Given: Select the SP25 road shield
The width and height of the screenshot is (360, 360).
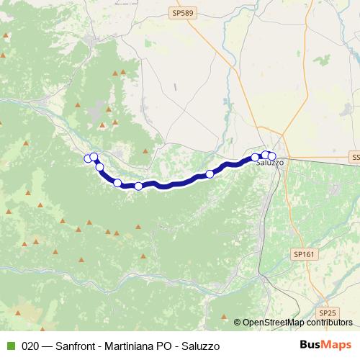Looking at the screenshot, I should point(328,312).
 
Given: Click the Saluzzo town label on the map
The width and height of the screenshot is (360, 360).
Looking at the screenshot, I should point(270,163).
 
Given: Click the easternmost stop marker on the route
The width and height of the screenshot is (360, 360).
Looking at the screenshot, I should point(271,156).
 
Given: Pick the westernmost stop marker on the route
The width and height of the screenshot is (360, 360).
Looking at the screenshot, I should point(88,158).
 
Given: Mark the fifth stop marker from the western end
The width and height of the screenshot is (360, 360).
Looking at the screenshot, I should point(138,186).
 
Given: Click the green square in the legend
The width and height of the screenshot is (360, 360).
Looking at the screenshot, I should point(9,346).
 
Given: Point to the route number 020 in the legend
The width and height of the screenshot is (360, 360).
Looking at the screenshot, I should point(30,346).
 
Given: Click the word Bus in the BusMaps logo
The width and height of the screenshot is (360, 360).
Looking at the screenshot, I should point(310,345).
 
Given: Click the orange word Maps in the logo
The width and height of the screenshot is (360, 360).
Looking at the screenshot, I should point(337,345).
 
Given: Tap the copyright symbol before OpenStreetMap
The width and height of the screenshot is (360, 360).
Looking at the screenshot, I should point(238,323).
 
